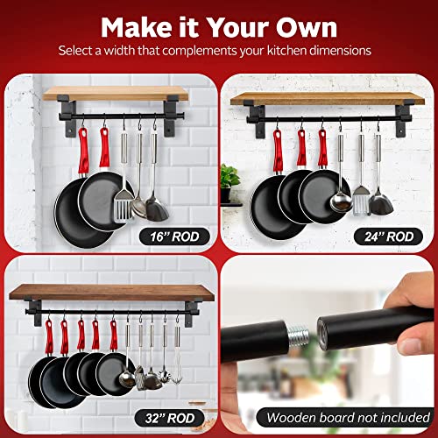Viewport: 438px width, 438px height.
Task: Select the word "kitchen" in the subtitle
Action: [284, 50]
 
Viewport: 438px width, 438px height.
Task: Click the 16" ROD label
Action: [172, 234]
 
